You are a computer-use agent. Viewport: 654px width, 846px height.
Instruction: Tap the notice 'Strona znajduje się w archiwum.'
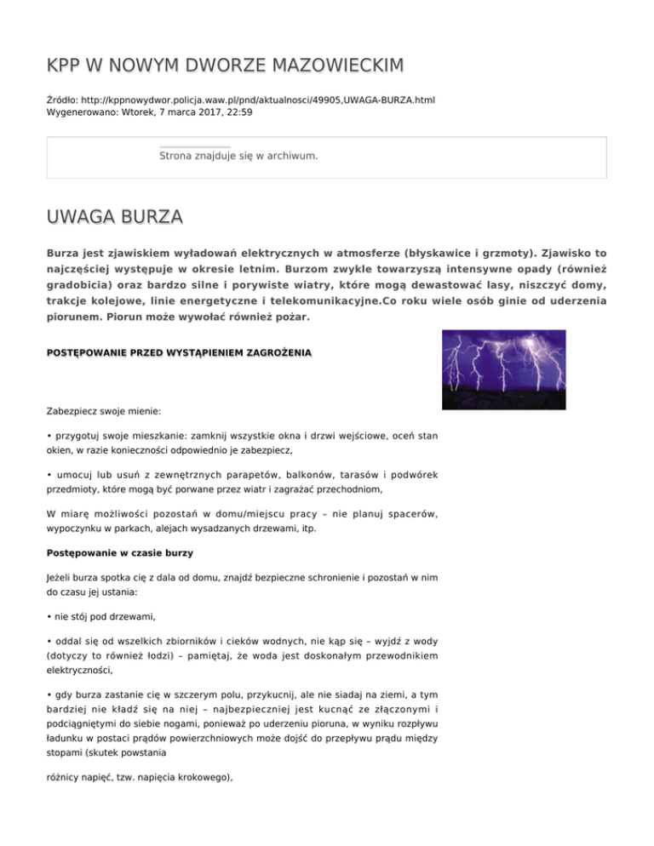238,157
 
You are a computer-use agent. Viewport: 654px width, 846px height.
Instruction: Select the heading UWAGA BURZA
114,218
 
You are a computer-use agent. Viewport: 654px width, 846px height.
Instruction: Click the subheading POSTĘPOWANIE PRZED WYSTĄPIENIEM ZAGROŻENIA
179,352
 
